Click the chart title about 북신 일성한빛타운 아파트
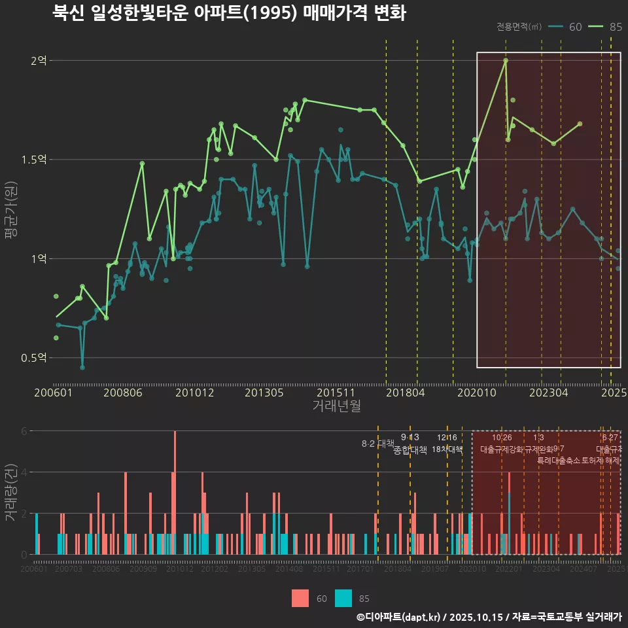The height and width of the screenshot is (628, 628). pos(229,14)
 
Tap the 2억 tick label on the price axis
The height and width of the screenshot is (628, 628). pos(39,61)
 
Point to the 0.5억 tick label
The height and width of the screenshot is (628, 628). pos(34,358)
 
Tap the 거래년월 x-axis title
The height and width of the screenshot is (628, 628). pos(336,406)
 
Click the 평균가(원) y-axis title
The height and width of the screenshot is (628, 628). pos(11,213)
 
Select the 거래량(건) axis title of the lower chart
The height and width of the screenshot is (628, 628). pos(11,493)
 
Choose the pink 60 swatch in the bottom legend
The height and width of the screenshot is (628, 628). pos(300,598)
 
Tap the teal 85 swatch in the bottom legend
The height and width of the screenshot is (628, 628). pos(343,598)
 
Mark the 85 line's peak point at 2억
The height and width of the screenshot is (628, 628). pos(506,61)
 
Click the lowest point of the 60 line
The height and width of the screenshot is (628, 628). pos(82,367)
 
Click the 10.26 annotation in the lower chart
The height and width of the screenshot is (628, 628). pos(502,438)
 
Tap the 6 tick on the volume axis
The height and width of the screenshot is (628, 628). pos(24,431)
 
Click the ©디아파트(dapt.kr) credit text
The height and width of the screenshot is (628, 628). pos(398,617)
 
